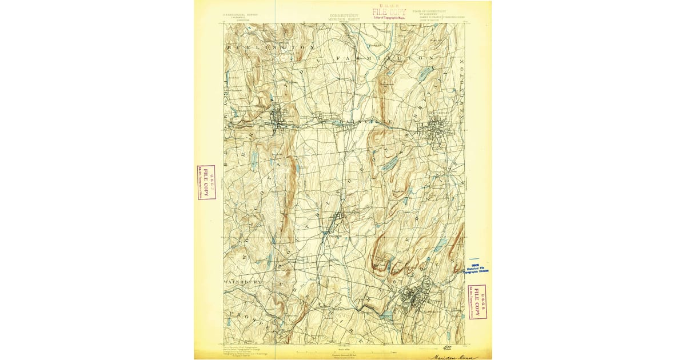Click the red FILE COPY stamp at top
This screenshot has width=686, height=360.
click(389, 13)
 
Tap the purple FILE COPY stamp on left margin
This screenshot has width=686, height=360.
click(206, 182)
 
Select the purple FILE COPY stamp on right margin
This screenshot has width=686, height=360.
click(477, 302)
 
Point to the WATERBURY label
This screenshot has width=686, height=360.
click(242, 282)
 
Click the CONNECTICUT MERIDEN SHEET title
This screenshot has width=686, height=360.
click(344, 17)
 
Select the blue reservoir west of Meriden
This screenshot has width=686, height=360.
click(386, 315)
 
